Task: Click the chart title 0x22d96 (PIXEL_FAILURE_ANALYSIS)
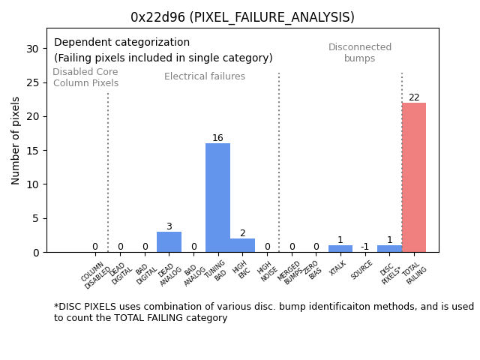(x=242, y=17)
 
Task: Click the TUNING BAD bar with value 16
(x=217, y=198)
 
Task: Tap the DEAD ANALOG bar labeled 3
(x=169, y=242)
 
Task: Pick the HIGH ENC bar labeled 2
(x=242, y=245)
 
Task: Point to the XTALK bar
(x=340, y=249)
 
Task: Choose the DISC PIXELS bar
(x=389, y=249)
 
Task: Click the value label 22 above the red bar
(x=414, y=97)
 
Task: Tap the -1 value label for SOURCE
(x=364, y=247)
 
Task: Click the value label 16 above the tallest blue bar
(x=217, y=138)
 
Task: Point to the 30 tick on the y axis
(x=32, y=48)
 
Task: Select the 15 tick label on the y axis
(x=32, y=150)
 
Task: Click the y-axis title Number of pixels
(x=16, y=140)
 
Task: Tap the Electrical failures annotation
(x=205, y=76)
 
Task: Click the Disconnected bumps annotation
(x=360, y=52)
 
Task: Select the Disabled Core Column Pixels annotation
(x=85, y=77)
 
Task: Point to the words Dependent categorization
(x=121, y=43)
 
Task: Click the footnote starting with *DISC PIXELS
(x=263, y=312)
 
